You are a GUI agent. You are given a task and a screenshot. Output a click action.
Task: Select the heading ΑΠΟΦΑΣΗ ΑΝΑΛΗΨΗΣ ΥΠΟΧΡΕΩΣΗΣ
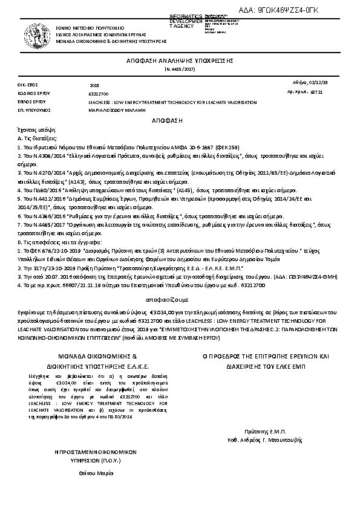pos(180,62)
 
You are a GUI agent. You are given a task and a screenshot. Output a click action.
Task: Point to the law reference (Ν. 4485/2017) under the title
pos(180,70)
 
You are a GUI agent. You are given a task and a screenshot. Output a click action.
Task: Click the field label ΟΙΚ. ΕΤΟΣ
pos(28,85)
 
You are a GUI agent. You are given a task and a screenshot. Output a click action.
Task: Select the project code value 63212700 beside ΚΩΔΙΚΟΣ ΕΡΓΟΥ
pos(99,94)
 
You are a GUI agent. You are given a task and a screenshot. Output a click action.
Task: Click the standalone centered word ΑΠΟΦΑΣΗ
pos(180,121)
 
